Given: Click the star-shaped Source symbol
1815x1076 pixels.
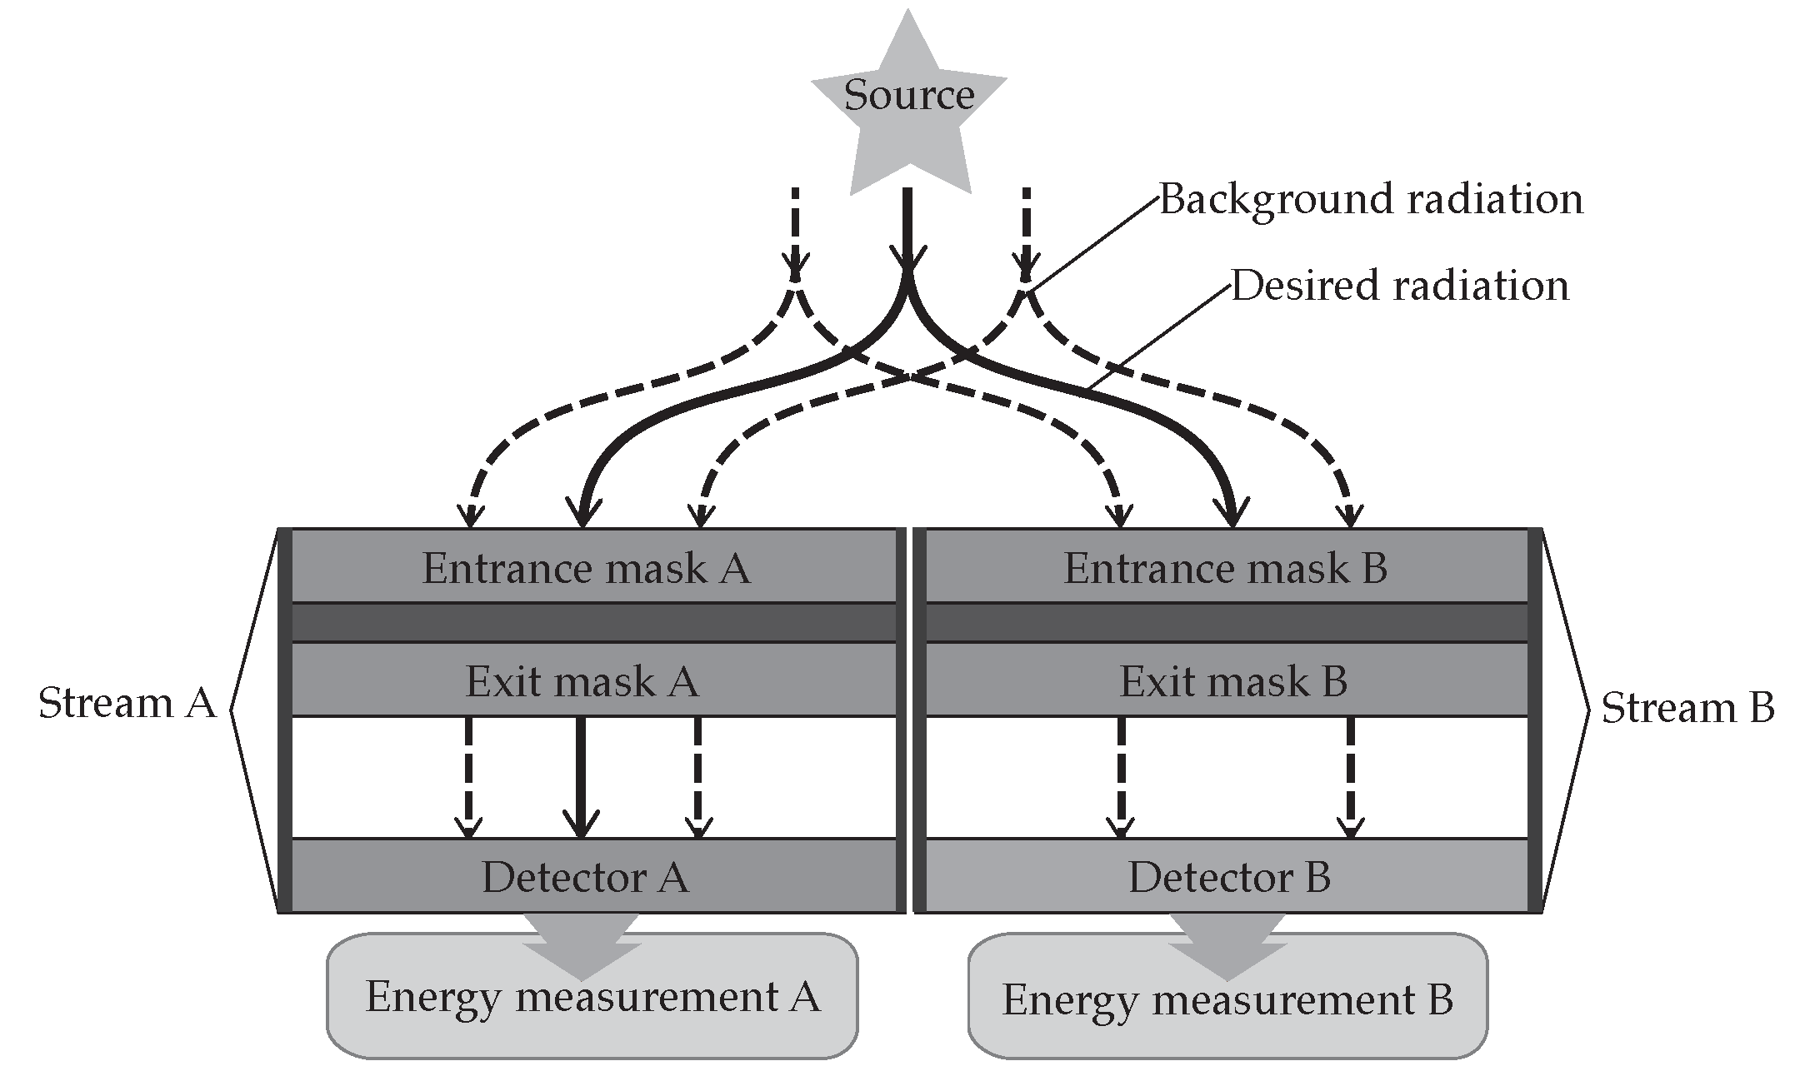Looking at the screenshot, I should (x=908, y=108).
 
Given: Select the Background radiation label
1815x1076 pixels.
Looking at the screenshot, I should (x=1371, y=200).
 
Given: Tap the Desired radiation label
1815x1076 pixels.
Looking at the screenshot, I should (x=1400, y=286).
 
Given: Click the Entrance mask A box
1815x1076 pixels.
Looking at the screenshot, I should (x=587, y=568).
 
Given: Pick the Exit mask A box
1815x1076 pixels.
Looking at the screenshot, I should (x=582, y=680).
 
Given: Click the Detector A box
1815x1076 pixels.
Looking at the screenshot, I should (x=585, y=876).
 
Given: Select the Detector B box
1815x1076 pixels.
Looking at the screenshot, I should (x=1228, y=876).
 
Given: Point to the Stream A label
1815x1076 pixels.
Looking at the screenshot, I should (x=127, y=704).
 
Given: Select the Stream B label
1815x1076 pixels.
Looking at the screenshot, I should (x=1687, y=708).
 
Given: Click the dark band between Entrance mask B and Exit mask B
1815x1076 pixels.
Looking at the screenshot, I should (x=1227, y=622).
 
